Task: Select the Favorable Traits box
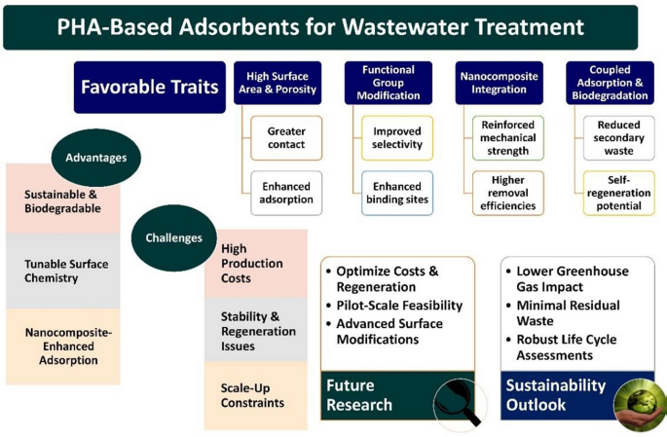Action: [x=149, y=88]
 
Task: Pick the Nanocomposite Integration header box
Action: [x=500, y=84]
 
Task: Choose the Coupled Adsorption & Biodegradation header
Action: [x=611, y=84]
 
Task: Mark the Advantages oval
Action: [x=96, y=157]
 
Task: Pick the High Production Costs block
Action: [x=255, y=264]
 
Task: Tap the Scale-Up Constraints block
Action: [x=255, y=394]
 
